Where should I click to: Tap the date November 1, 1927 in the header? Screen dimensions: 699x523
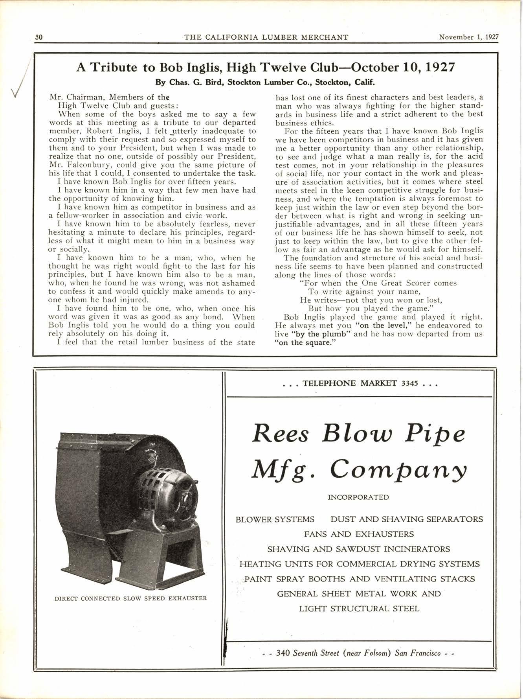(469, 37)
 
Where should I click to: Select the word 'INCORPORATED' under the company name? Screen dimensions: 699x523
(358, 497)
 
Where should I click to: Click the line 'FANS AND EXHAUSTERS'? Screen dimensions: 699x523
(359, 534)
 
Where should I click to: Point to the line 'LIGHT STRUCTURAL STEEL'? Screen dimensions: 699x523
(359, 609)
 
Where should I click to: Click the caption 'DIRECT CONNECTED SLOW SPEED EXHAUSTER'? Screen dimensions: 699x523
(130, 599)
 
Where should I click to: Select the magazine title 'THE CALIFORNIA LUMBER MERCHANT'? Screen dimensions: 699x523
(266, 37)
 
